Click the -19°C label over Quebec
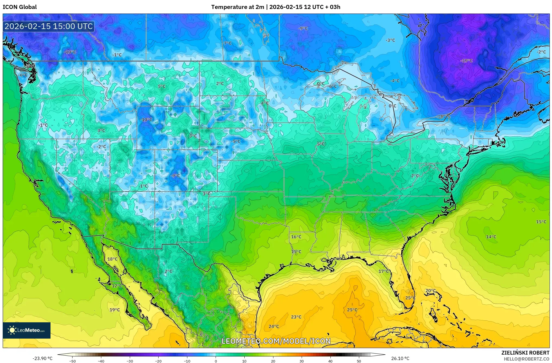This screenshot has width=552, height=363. point(466,61)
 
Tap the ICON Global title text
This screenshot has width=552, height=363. point(20,7)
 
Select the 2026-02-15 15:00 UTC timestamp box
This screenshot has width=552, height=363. point(49,27)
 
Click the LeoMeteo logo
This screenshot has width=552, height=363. point(27,330)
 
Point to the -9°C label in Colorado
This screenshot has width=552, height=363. point(175,176)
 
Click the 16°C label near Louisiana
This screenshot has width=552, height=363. point(296,237)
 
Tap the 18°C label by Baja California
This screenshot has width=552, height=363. point(112,259)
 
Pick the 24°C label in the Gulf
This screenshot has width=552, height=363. point(274,326)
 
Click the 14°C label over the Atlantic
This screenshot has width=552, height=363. point(491,237)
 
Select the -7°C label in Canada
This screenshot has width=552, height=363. point(227,43)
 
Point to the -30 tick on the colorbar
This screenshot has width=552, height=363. point(130,361)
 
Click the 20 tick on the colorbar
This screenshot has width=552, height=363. point(273,361)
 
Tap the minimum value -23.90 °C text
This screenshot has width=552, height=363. point(43,358)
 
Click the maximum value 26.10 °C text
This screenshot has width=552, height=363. point(400,358)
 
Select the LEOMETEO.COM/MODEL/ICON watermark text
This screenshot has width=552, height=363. point(276,341)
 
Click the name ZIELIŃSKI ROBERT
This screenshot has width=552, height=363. point(525,353)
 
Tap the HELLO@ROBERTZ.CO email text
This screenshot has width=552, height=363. point(526,359)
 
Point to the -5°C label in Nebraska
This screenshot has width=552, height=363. point(236,141)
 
